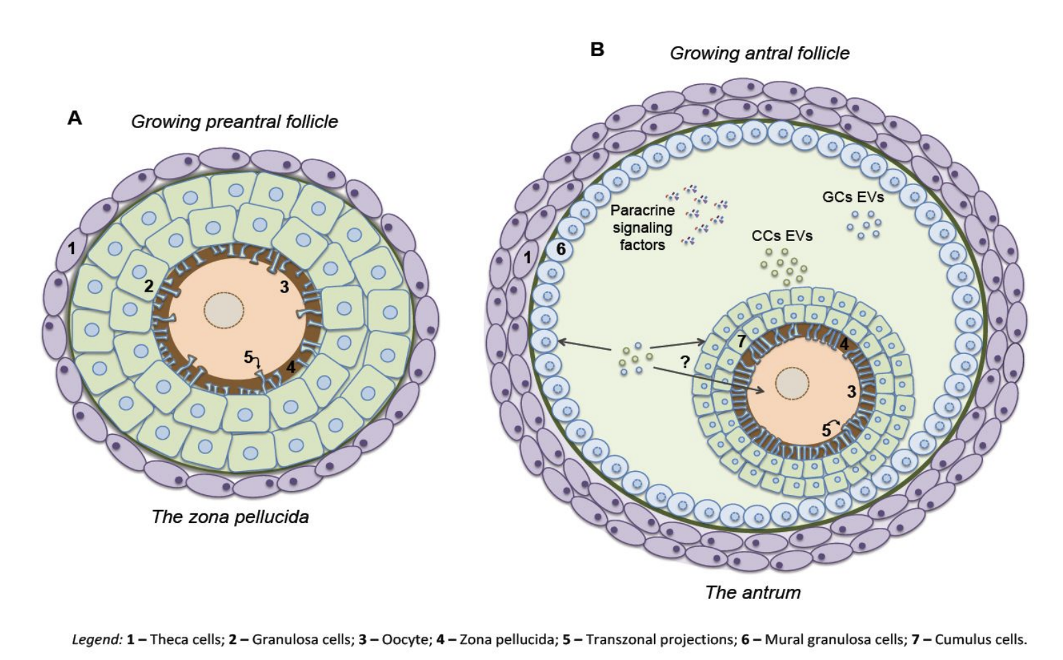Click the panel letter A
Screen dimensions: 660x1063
coord(75,118)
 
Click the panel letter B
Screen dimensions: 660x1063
coord(597,49)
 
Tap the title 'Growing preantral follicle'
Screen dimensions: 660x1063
coord(234,122)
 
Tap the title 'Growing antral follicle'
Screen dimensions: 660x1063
coord(759,53)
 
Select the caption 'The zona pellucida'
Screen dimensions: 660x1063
coord(230,516)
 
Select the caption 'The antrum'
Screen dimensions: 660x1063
coord(753,592)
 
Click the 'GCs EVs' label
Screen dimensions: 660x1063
coord(853,197)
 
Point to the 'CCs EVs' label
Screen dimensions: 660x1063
coord(781,236)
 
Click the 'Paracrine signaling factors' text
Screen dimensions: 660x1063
coord(642,227)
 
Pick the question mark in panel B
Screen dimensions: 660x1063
coord(684,364)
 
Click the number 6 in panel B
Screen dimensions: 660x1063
coord(561,249)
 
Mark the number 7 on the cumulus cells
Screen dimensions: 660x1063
coord(741,341)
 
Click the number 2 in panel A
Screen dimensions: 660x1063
coord(148,286)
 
